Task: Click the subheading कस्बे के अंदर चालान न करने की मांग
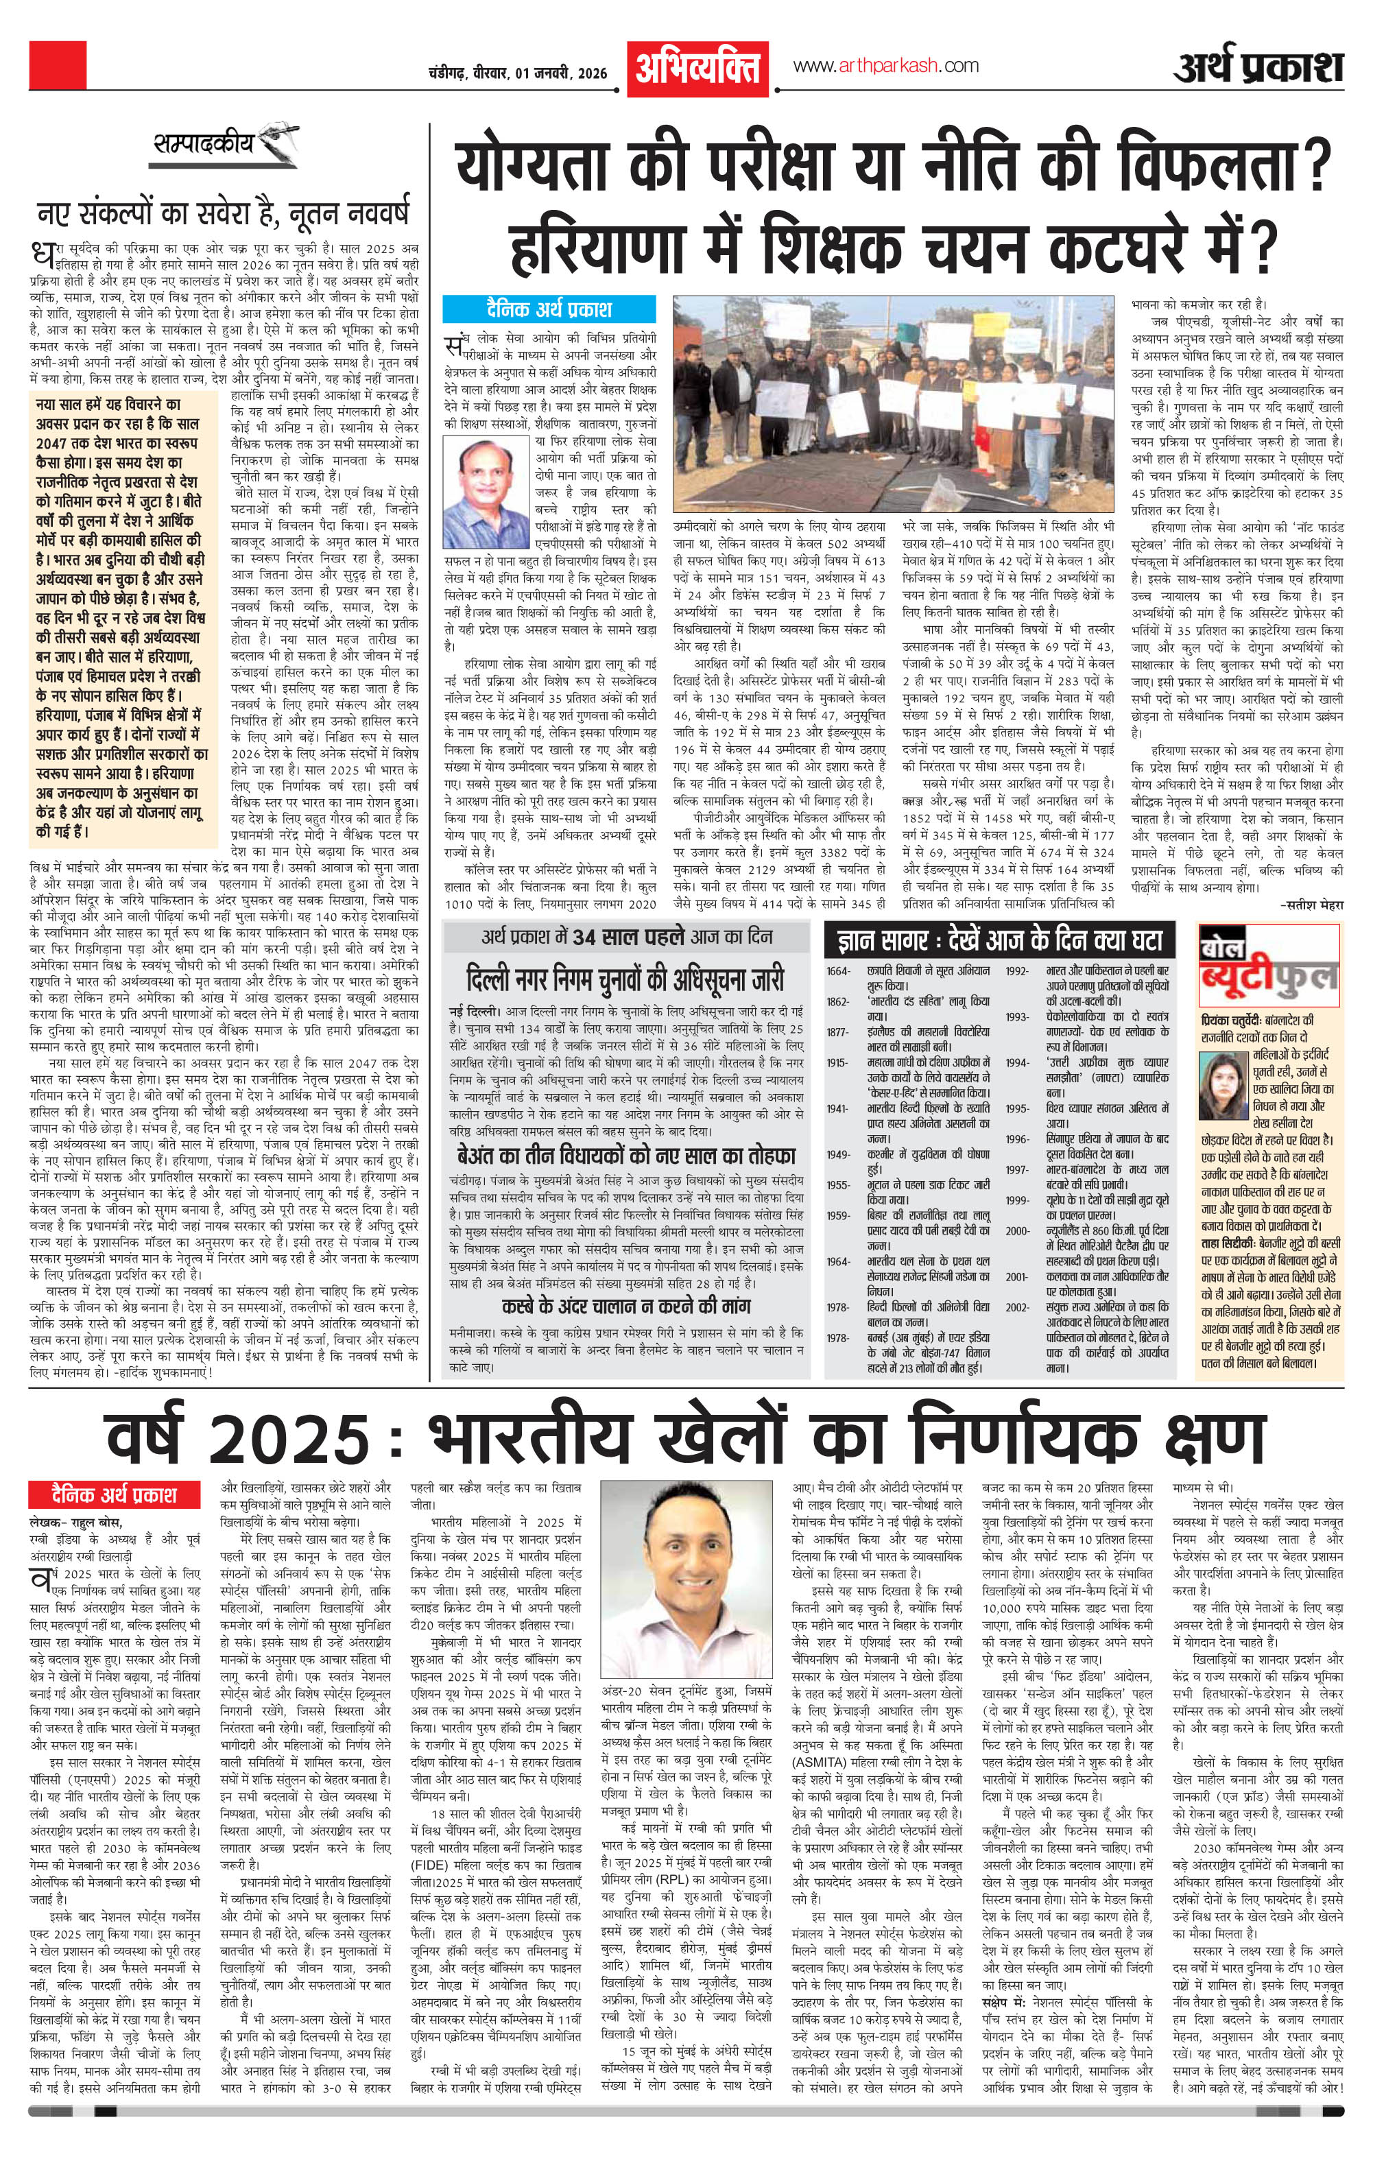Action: [625, 1305]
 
